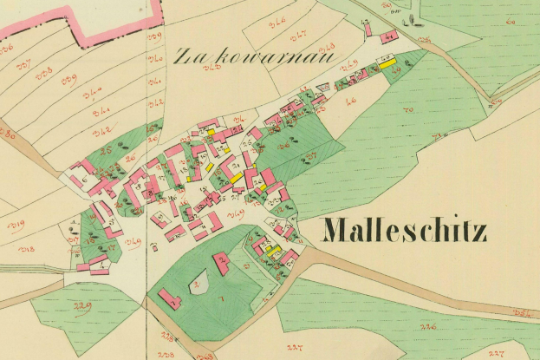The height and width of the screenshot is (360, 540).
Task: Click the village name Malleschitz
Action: point(405,232)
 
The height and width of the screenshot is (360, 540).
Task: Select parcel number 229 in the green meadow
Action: point(84,308)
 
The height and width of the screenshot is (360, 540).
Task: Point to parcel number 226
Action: point(427,326)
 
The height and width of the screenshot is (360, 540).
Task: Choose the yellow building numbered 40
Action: point(385,62)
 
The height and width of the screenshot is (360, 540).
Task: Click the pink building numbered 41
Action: point(389,37)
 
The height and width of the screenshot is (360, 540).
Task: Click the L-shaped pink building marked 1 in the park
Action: point(169,299)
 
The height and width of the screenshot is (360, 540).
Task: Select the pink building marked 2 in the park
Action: point(222,262)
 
